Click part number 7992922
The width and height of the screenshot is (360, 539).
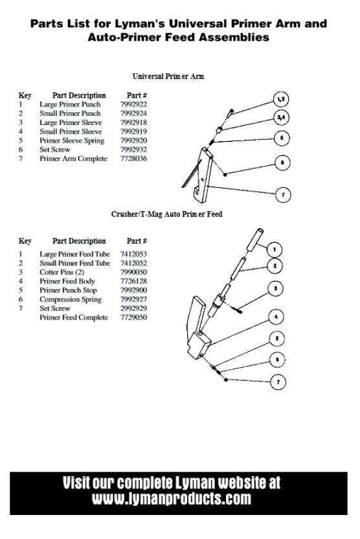(x=133, y=104)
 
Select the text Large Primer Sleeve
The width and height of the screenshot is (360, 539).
(x=71, y=122)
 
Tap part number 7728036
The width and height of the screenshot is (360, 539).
(x=133, y=159)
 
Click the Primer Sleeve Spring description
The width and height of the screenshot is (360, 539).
(x=72, y=141)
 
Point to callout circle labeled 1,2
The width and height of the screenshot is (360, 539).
(x=281, y=99)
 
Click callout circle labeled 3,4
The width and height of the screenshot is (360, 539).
(x=281, y=117)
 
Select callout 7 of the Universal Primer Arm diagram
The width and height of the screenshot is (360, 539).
(x=283, y=194)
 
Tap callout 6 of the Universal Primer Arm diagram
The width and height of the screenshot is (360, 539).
(x=282, y=163)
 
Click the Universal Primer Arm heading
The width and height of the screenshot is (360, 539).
(x=168, y=76)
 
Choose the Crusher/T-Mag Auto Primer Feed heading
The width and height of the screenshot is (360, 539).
(x=167, y=214)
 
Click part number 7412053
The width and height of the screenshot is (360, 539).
(x=133, y=254)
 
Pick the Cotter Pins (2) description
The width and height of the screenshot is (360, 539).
(x=62, y=272)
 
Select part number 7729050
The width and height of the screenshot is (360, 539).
(x=133, y=317)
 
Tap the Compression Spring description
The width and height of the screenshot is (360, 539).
(x=71, y=299)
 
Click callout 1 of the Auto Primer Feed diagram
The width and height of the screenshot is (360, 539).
(x=274, y=249)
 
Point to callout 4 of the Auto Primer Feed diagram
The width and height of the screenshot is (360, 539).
(x=276, y=317)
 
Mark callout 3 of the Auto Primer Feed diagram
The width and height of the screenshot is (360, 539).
(x=275, y=288)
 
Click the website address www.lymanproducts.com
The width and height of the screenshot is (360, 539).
(x=172, y=498)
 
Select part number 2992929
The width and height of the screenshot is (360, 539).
(x=133, y=308)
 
